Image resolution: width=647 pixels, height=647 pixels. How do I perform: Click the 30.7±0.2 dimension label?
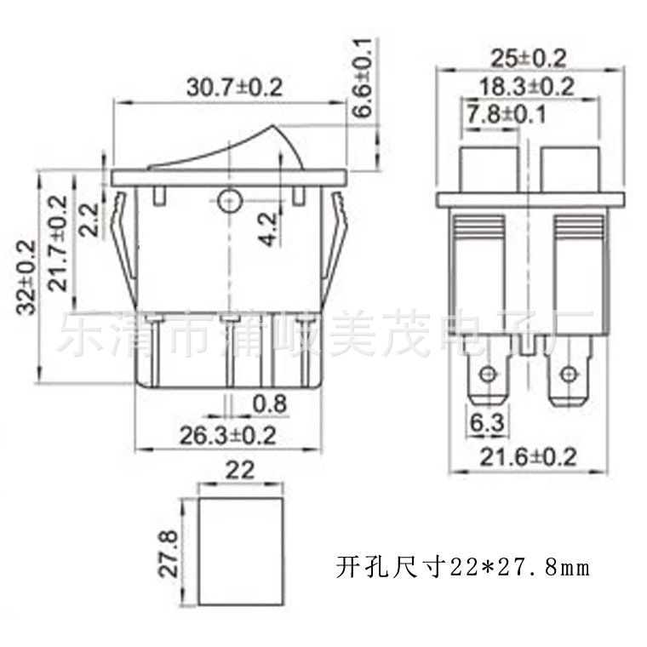[x=234, y=88]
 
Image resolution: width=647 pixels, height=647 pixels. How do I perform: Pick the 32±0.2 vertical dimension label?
[x=26, y=278]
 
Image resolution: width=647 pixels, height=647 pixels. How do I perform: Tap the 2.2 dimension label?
[x=89, y=218]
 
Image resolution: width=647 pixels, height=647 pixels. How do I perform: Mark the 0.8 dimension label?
[x=270, y=404]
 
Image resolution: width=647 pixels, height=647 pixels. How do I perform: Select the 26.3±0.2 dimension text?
[x=228, y=435]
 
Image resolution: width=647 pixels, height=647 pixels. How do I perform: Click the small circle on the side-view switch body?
[x=228, y=201]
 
